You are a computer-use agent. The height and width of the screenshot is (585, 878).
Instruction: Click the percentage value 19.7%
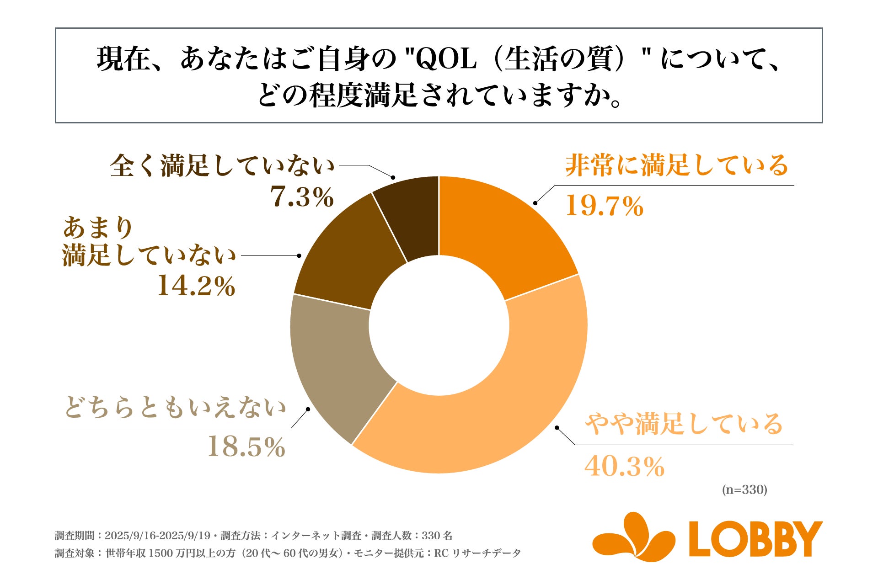coord(605,206)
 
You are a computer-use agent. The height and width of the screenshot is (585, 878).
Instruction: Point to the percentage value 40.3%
coord(624,467)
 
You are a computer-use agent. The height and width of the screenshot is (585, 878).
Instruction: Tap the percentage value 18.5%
coord(246,447)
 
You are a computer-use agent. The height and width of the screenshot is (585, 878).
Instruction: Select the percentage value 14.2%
coord(196,287)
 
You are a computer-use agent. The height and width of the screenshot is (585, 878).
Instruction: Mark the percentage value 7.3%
coord(302,197)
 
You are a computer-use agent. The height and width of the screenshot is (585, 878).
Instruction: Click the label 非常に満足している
coord(677,165)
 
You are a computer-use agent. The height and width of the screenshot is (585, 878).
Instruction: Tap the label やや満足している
coord(684,424)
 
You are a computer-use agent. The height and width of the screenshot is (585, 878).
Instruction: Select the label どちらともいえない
coord(176,408)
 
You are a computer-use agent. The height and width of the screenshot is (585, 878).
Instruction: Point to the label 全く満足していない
coord(223,165)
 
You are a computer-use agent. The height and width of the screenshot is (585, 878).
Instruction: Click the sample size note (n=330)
coord(744,490)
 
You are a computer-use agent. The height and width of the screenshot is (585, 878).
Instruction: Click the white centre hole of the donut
coord(439,325)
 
